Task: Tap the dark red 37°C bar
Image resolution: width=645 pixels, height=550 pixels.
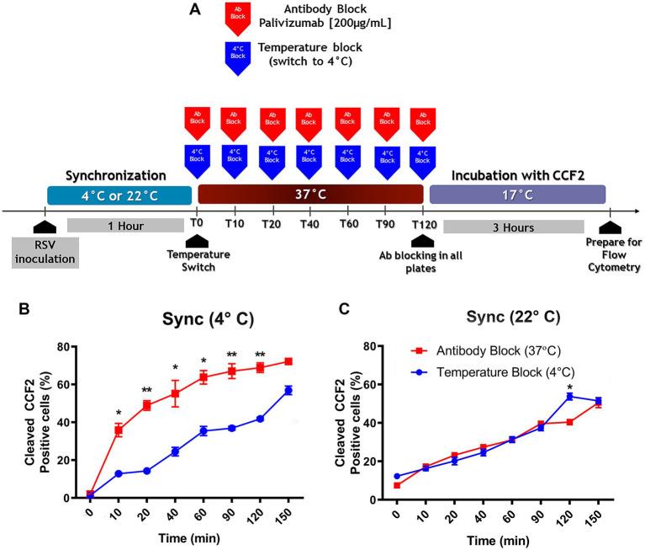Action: pos(310,195)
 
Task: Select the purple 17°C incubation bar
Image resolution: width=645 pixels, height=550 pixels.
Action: pos(517,195)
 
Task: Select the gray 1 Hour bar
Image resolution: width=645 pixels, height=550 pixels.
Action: pos(125,225)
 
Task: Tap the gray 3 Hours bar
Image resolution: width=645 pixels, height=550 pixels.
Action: pos(513,226)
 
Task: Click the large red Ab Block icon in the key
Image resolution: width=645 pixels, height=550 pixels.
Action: pos(240,19)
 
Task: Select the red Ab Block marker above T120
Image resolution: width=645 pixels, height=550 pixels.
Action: pos(423,122)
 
